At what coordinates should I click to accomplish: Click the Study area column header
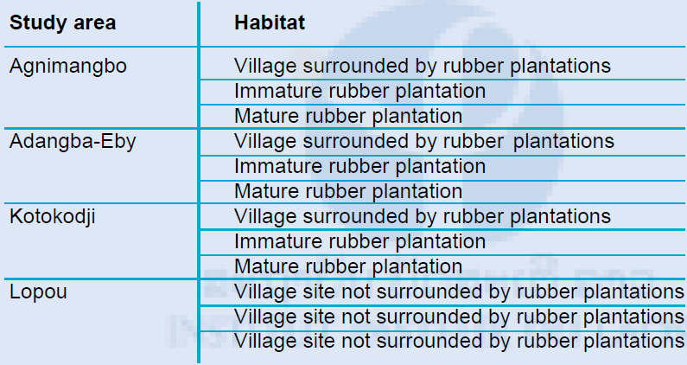click(x=63, y=23)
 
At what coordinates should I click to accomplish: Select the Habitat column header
click(x=270, y=22)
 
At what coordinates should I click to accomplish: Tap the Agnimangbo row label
click(x=68, y=67)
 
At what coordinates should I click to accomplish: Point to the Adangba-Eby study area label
click(x=73, y=142)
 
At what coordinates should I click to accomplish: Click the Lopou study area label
click(x=38, y=292)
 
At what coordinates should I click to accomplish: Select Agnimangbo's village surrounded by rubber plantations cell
click(x=423, y=67)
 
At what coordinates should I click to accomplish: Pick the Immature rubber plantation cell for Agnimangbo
click(x=359, y=92)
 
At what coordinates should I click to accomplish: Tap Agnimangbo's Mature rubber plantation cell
click(x=348, y=116)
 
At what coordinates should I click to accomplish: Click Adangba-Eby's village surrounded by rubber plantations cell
click(x=424, y=142)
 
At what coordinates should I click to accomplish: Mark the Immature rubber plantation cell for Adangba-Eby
click(x=359, y=167)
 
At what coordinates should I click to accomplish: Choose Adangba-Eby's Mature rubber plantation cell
click(x=348, y=192)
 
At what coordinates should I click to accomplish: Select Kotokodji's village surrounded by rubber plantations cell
click(x=423, y=217)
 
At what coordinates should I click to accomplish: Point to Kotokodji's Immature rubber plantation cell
click(x=359, y=241)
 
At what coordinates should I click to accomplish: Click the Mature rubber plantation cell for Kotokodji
click(x=348, y=266)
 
